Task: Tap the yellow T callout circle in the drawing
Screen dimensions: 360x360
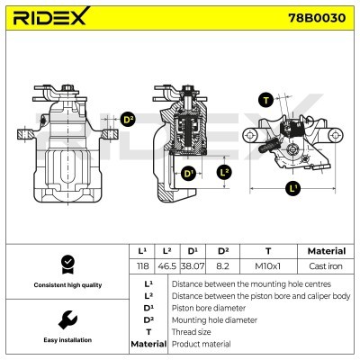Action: pos(266,100)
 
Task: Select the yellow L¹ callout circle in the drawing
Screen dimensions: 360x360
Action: pos(292,188)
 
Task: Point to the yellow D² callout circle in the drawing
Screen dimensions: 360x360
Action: pos(128,119)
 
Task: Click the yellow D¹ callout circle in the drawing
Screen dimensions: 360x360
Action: pos(188,173)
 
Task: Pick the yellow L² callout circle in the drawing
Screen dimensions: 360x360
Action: pos(225,172)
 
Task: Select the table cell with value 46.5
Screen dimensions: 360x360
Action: pos(166,267)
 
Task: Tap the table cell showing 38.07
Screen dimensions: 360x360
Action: pos(191,267)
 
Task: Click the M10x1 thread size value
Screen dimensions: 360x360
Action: pos(267,267)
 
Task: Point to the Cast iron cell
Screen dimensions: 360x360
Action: pos(326,267)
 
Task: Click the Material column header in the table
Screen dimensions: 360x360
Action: pos(326,251)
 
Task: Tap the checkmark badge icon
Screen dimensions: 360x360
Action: pos(66,264)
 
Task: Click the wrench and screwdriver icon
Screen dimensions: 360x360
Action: pos(66,319)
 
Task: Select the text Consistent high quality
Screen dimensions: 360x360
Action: pos(66,285)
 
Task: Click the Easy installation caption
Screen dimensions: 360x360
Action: pos(66,341)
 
